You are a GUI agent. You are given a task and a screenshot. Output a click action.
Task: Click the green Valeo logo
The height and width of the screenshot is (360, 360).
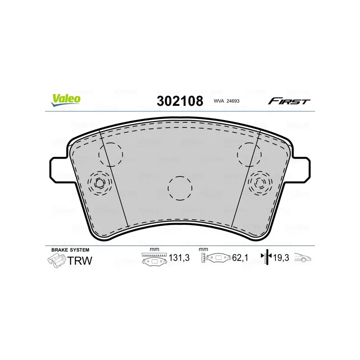[66, 100]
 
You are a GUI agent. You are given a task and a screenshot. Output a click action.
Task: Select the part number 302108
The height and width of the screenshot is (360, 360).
[180, 101]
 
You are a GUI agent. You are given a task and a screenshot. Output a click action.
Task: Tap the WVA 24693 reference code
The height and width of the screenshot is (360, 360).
[226, 101]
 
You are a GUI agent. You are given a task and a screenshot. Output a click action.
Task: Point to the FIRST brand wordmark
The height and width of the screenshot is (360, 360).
[289, 101]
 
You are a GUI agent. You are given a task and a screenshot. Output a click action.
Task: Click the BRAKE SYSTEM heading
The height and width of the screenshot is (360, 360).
[70, 250]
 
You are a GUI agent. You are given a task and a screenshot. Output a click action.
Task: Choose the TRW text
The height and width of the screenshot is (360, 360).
[80, 261]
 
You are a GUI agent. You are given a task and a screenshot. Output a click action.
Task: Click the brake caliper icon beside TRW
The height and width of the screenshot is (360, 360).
[57, 261]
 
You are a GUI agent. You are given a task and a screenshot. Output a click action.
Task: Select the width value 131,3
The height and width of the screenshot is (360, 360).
[179, 258]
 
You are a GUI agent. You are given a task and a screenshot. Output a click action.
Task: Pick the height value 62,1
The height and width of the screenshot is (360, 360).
[240, 258]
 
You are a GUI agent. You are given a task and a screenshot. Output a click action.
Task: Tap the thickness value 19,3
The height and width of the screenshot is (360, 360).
[281, 258]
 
